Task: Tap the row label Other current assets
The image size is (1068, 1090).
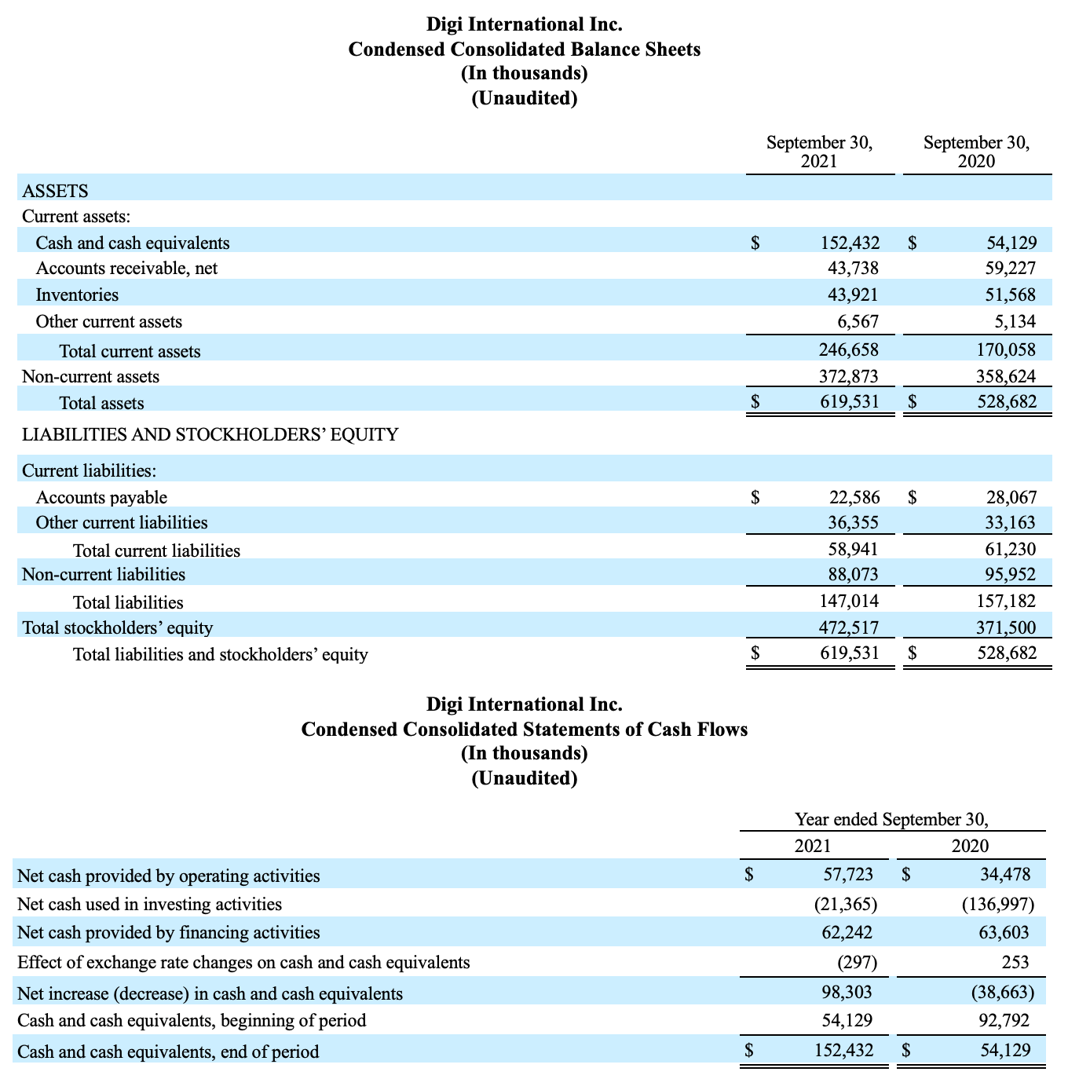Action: [109, 322]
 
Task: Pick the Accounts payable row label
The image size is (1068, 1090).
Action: [101, 497]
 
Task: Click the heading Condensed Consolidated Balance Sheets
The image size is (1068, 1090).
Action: [524, 49]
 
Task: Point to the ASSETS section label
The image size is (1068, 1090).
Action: [55, 191]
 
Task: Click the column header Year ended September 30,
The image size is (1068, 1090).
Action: [891, 820]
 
